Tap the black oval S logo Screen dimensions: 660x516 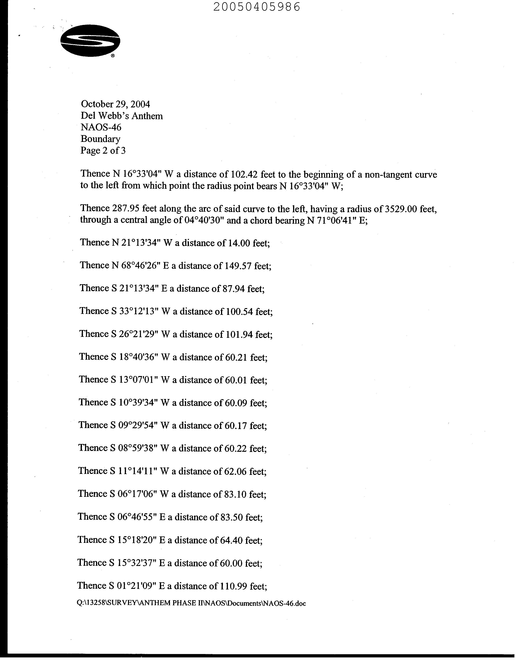coord(90,41)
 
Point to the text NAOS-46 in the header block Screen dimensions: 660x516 coord(101,127)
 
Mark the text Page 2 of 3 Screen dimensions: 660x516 coord(103,151)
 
